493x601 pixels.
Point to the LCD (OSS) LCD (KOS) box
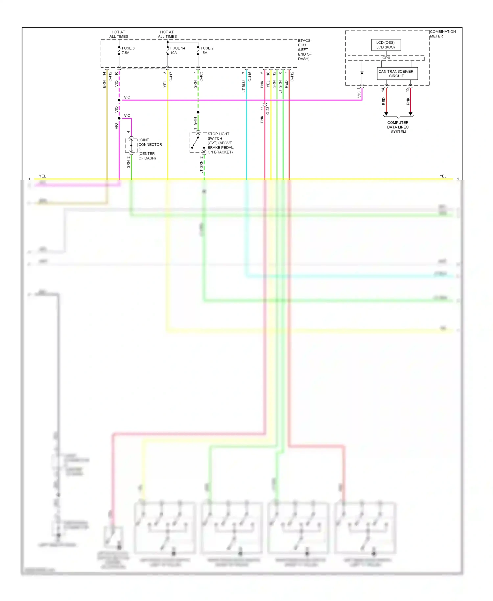(x=386, y=45)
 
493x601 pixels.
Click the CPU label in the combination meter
(x=386, y=58)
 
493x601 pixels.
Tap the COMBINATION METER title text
(x=442, y=34)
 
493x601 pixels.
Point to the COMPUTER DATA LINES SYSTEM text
(x=398, y=127)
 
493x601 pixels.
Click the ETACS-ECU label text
(x=305, y=50)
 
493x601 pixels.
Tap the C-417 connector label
(x=171, y=77)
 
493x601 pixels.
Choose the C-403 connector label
(x=201, y=77)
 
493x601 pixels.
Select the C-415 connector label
(x=250, y=77)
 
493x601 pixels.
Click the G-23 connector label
(x=268, y=110)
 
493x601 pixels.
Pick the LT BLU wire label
(x=244, y=86)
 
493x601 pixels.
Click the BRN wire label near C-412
(x=104, y=84)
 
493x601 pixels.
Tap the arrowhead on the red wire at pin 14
(x=386, y=114)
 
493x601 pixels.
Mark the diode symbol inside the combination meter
(x=362, y=73)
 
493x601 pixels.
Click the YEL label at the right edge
(x=443, y=176)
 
